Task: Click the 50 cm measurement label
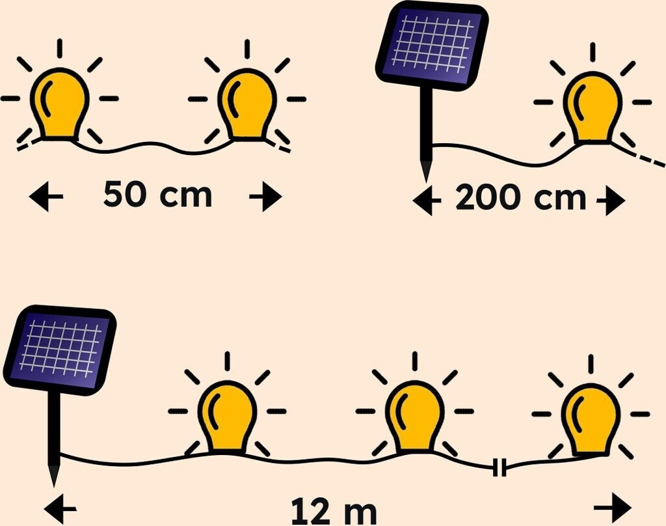[158, 195]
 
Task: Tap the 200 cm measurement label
[520, 199]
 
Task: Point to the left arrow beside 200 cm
[427, 202]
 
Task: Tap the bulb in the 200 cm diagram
[592, 107]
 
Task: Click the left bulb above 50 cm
[60, 104]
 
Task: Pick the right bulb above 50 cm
[247, 104]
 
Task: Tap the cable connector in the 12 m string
[499, 467]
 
